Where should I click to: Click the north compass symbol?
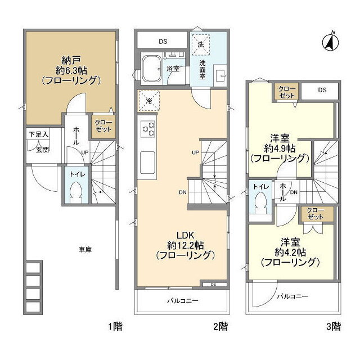click(331, 42)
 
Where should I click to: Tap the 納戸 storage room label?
click(71, 60)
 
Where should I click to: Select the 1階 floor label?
click(115, 326)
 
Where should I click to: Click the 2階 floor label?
click(220, 326)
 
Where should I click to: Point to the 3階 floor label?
click(334, 326)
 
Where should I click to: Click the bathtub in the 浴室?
click(151, 68)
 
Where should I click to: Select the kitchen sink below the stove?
click(147, 163)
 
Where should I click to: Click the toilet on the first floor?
click(75, 190)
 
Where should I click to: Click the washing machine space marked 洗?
click(201, 44)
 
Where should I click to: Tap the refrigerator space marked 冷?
click(148, 101)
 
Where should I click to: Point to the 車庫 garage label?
click(85, 250)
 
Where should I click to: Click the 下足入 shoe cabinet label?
click(39, 134)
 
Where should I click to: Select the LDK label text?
click(185, 235)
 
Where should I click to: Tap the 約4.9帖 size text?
click(280, 148)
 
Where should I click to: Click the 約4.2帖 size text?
click(290, 253)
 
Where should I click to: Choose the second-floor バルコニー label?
click(182, 301)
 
